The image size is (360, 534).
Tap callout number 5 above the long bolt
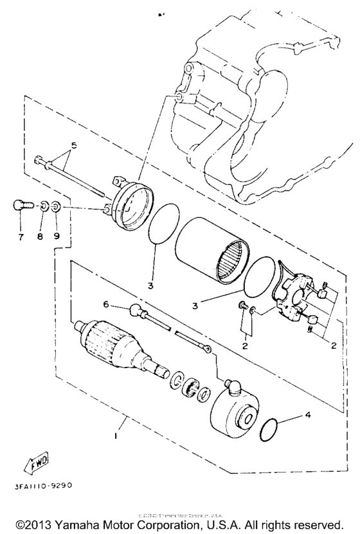[x=73, y=146]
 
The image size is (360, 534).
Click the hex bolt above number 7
[x=21, y=206]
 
